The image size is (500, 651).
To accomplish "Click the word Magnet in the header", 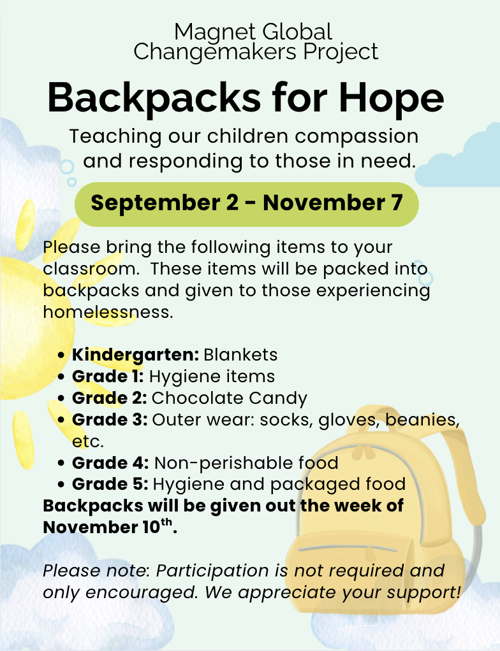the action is tap(215, 32).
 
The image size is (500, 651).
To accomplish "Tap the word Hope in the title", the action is tap(391, 99).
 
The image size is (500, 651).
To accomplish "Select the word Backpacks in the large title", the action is tap(154, 98).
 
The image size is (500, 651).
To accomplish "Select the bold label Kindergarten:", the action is tap(135, 355).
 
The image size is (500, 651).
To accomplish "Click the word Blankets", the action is tap(240, 355).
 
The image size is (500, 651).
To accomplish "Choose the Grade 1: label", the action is tap(108, 376).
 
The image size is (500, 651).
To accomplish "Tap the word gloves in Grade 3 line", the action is tap(348, 420).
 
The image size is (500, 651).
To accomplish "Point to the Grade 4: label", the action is tap(110, 463).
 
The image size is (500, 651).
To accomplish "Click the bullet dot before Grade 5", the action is tap(61, 485).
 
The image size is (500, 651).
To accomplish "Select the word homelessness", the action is tap(108, 311).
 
